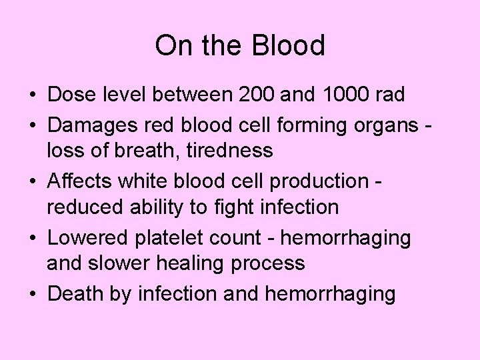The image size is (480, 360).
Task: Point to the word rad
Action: (390, 95)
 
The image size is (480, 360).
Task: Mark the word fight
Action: (233, 208)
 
